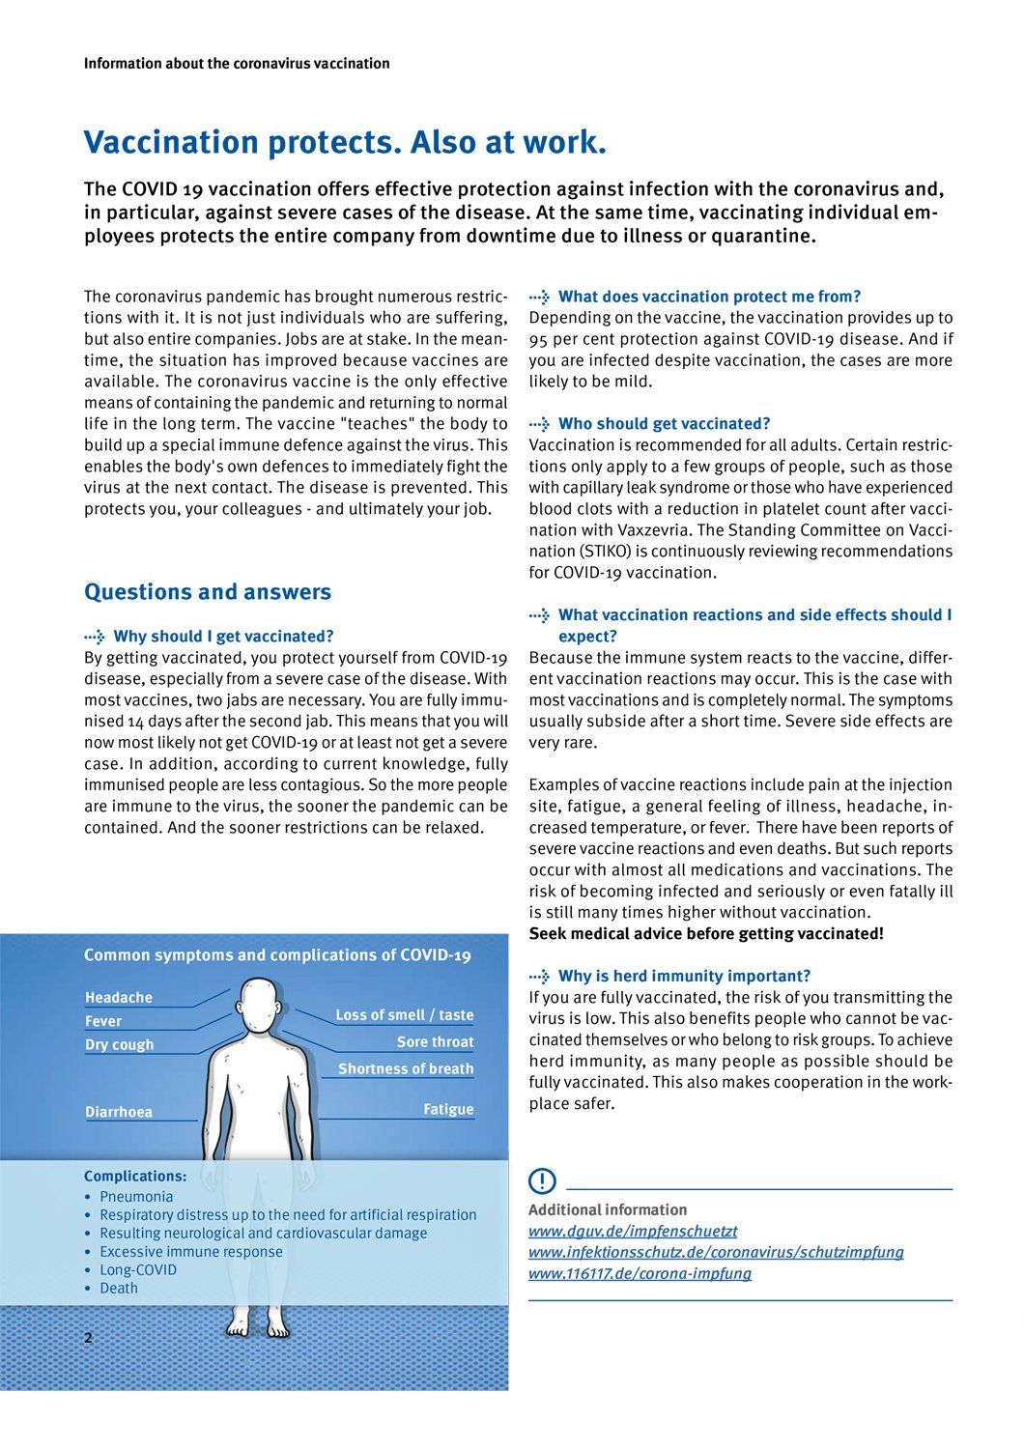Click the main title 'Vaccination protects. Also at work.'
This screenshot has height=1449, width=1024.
click(345, 142)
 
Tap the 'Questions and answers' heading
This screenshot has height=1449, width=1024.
click(207, 592)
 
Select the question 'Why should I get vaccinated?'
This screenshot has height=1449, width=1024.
click(223, 636)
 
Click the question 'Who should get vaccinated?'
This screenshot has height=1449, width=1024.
click(664, 423)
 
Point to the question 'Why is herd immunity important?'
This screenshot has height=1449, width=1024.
click(684, 976)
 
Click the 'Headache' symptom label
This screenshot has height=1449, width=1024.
click(119, 997)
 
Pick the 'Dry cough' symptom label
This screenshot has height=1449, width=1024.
click(120, 1044)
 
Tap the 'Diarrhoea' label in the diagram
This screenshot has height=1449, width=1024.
click(119, 1112)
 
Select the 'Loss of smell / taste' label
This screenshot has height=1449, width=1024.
click(404, 1014)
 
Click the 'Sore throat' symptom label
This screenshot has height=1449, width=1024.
click(435, 1041)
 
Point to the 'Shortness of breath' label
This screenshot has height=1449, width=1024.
click(406, 1068)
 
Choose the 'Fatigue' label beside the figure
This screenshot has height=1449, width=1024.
click(448, 1109)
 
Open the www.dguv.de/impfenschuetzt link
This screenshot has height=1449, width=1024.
click(633, 1231)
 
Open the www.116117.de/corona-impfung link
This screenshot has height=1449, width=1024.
click(640, 1273)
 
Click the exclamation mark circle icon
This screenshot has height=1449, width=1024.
click(542, 1180)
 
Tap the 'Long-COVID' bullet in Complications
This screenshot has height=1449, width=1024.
click(138, 1269)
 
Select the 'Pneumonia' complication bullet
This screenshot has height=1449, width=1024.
click(136, 1196)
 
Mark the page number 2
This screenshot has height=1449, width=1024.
click(89, 1338)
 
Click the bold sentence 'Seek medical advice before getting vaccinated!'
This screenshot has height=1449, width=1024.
click(706, 933)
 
